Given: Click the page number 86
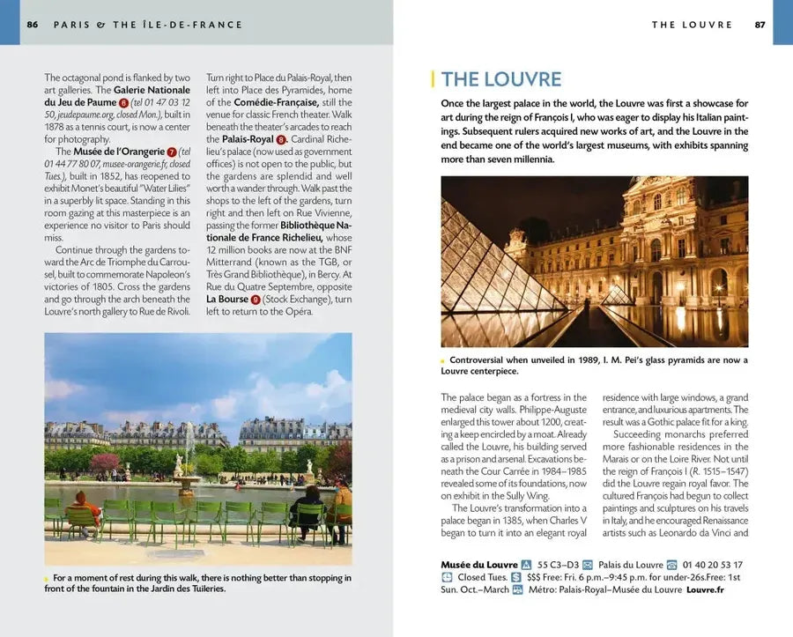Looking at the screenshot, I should pos(33,25).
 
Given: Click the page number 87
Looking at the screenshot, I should pos(760,25).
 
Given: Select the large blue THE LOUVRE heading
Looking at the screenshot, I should pos(500,79).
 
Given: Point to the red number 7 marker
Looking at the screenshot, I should pos(171,152).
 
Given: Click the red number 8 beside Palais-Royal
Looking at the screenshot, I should pos(281,139).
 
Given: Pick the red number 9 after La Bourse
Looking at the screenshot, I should pos(256,300).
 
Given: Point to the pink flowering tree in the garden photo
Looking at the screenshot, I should pos(104,462).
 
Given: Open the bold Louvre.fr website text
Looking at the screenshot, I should pos(705,589).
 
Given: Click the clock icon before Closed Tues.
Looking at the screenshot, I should pos(447,577).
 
